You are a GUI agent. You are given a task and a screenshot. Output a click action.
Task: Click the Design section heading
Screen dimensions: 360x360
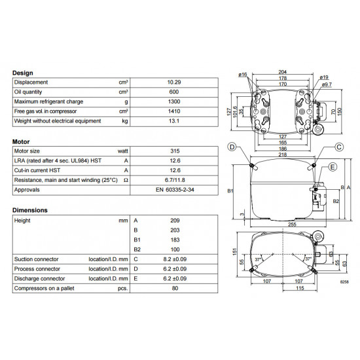pyautogui.click(x=22, y=73)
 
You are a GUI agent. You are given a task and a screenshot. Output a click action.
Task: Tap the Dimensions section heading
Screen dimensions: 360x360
pyautogui.click(x=30, y=210)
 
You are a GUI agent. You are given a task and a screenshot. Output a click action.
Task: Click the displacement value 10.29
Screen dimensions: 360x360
pyautogui.click(x=174, y=82)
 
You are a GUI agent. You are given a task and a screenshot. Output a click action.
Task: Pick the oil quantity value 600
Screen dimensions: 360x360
pyautogui.click(x=174, y=92)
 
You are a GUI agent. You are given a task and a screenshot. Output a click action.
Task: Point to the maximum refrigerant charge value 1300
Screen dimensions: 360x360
pyautogui.click(x=174, y=101)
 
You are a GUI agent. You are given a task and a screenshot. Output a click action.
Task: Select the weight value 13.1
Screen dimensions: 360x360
pyautogui.click(x=174, y=121)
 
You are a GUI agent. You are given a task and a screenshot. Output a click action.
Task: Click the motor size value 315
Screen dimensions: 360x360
pyautogui.click(x=174, y=151)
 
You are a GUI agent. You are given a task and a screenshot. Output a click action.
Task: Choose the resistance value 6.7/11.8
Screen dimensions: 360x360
pyautogui.click(x=174, y=180)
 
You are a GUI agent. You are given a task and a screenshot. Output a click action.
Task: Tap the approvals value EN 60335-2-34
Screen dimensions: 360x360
pyautogui.click(x=174, y=190)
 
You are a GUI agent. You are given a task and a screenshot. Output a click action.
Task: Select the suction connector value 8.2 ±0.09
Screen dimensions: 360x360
pyautogui.click(x=174, y=259)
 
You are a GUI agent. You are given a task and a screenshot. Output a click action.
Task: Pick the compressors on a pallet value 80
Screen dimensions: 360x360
pyautogui.click(x=174, y=288)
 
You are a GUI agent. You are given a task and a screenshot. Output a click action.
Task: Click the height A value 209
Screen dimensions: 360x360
pyautogui.click(x=174, y=221)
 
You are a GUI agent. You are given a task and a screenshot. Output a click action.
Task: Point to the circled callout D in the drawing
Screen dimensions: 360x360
pyautogui.click(x=232, y=146)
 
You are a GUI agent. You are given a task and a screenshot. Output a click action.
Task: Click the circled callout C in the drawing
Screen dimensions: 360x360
pyautogui.click(x=339, y=146)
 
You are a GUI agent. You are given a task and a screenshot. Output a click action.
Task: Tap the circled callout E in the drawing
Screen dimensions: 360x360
pyautogui.click(x=333, y=168)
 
